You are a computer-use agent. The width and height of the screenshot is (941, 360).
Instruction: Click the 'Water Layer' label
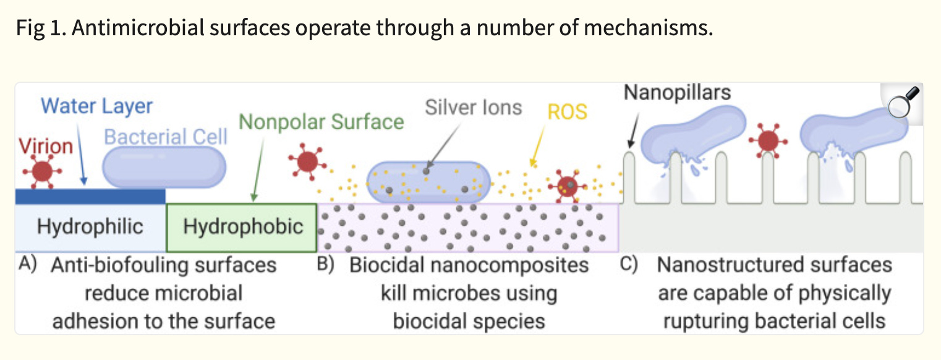point(96,106)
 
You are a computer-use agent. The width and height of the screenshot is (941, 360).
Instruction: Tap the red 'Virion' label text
point(46,146)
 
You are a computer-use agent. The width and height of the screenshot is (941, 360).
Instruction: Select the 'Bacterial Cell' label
point(166,137)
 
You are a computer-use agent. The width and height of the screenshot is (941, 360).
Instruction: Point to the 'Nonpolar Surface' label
point(321,122)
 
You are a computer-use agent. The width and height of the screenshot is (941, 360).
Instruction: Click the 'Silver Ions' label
point(474,108)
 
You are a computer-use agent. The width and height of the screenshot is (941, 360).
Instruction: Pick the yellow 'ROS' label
point(567,112)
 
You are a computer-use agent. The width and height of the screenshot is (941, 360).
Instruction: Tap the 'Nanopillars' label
point(677,92)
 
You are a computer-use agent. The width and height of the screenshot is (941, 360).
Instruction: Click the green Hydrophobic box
point(242,228)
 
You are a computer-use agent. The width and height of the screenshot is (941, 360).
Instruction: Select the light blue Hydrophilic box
point(91,228)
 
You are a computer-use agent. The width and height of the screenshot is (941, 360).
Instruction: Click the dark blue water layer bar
point(90,196)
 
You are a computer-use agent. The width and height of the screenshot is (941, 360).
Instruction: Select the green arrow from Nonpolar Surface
point(258,169)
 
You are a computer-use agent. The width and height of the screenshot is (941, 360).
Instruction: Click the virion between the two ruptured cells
point(768,141)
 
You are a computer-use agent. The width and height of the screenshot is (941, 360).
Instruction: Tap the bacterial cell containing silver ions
point(428,182)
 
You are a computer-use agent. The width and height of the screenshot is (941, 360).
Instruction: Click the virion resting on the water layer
point(42,171)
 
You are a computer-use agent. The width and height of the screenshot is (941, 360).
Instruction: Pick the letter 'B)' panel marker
point(326,265)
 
